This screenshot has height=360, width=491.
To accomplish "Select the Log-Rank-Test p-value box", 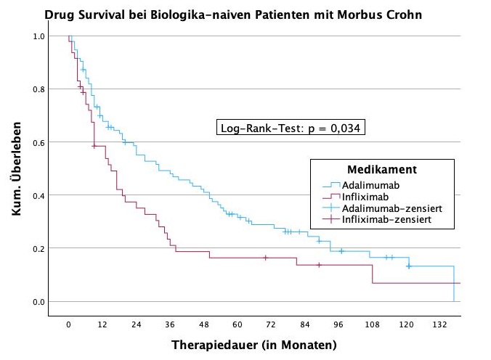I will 291,128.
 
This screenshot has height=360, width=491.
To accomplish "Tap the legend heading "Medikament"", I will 381,169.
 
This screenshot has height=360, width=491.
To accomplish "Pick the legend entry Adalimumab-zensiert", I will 392,208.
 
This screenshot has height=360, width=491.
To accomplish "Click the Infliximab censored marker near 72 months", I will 266,258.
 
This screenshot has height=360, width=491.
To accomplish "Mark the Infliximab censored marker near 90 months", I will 319,265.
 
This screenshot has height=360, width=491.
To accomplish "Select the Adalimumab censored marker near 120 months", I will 408,266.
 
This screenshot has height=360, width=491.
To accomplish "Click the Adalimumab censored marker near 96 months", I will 341,251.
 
